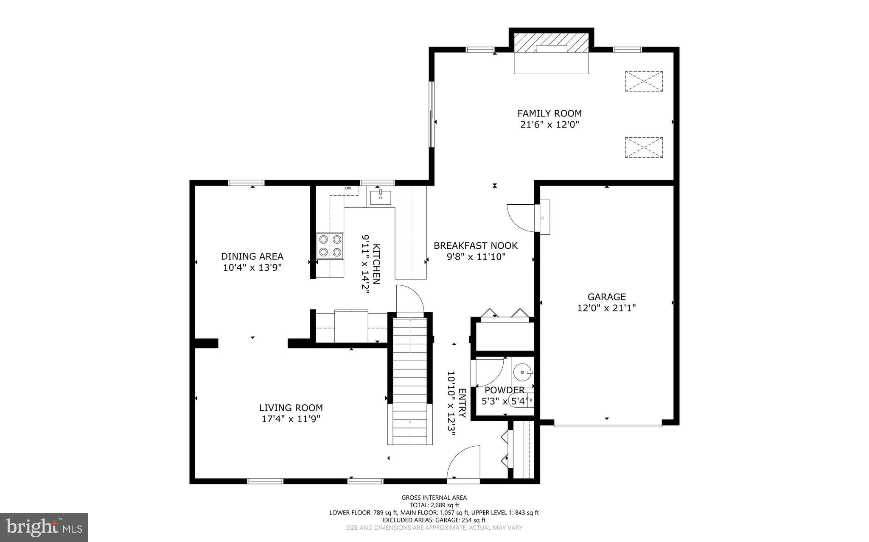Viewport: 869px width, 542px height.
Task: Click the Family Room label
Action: click(x=549, y=114)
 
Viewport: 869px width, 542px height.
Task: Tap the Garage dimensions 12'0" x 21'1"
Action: click(x=606, y=308)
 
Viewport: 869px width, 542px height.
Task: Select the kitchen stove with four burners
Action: click(x=330, y=246)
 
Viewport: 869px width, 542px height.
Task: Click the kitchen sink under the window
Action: click(x=381, y=197)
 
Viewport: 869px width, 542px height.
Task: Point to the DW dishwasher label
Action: click(x=348, y=188)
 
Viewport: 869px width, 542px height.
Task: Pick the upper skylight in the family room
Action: click(x=644, y=81)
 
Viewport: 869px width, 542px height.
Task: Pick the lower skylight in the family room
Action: click(x=644, y=147)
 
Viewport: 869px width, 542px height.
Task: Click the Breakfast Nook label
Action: click(x=475, y=246)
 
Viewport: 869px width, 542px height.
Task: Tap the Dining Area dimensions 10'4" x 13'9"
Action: click(x=252, y=268)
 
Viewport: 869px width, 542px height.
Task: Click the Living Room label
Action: click(x=291, y=408)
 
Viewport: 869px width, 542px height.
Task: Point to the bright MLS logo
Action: click(x=44, y=527)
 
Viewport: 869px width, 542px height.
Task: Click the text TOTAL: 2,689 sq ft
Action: click(x=434, y=505)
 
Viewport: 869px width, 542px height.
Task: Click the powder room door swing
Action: click(x=489, y=372)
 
